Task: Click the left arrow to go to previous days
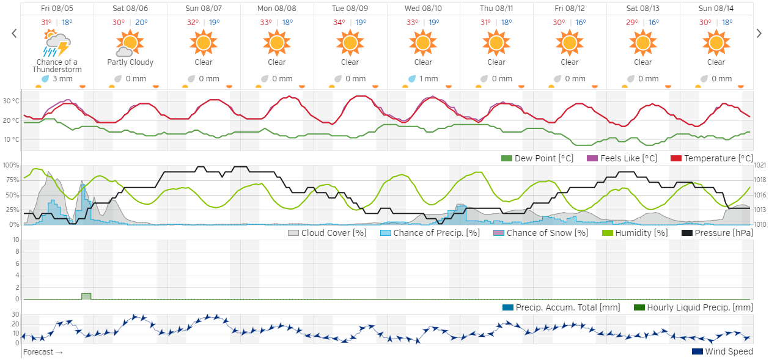(14, 34)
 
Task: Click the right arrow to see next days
(759, 34)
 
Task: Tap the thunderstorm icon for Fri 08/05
(57, 44)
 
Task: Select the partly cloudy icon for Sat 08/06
(130, 43)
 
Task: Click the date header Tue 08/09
(350, 9)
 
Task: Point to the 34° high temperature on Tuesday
(339, 23)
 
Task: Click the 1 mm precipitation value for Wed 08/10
(423, 79)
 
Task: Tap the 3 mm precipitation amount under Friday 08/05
(57, 79)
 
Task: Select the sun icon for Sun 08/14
(716, 43)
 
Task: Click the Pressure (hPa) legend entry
(718, 233)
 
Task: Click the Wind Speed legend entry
(723, 351)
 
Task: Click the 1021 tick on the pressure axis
(760, 165)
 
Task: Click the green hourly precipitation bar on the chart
(86, 296)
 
